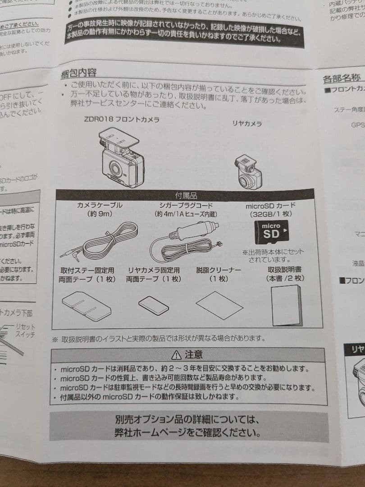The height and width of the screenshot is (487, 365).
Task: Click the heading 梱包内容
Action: [x=78, y=73]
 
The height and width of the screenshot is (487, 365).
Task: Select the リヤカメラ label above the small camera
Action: [x=247, y=124]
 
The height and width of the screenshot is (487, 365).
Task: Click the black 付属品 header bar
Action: [x=185, y=195]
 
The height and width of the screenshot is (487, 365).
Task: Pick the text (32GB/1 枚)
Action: [x=270, y=215]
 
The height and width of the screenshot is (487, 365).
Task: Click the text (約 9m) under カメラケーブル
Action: [x=100, y=214]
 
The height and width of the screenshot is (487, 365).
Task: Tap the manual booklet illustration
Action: [x=287, y=305]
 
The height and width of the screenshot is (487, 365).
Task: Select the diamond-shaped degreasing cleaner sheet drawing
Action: [x=219, y=305]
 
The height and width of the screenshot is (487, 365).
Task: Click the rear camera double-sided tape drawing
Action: [x=154, y=305]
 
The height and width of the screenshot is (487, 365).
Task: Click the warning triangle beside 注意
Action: [x=176, y=354]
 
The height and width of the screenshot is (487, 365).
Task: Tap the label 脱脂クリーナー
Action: [x=219, y=270]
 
